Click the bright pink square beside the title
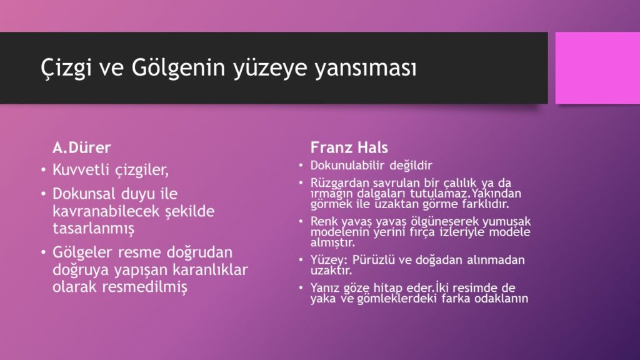coord(597,67)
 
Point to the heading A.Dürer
coord(82,147)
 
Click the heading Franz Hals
coord(349,147)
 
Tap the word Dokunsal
coord(83,194)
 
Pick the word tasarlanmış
coord(94,229)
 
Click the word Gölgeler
coord(82,252)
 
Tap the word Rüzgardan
coord(340,183)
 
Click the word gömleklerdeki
coord(399,299)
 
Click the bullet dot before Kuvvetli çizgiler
coord(44,170)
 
